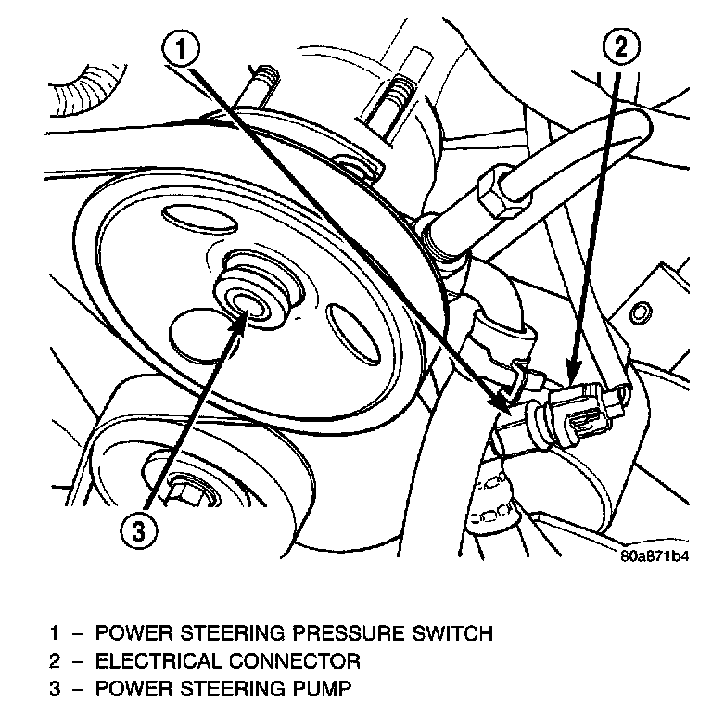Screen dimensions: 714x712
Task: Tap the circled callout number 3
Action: coord(136,531)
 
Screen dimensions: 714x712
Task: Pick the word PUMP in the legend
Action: coord(326,689)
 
